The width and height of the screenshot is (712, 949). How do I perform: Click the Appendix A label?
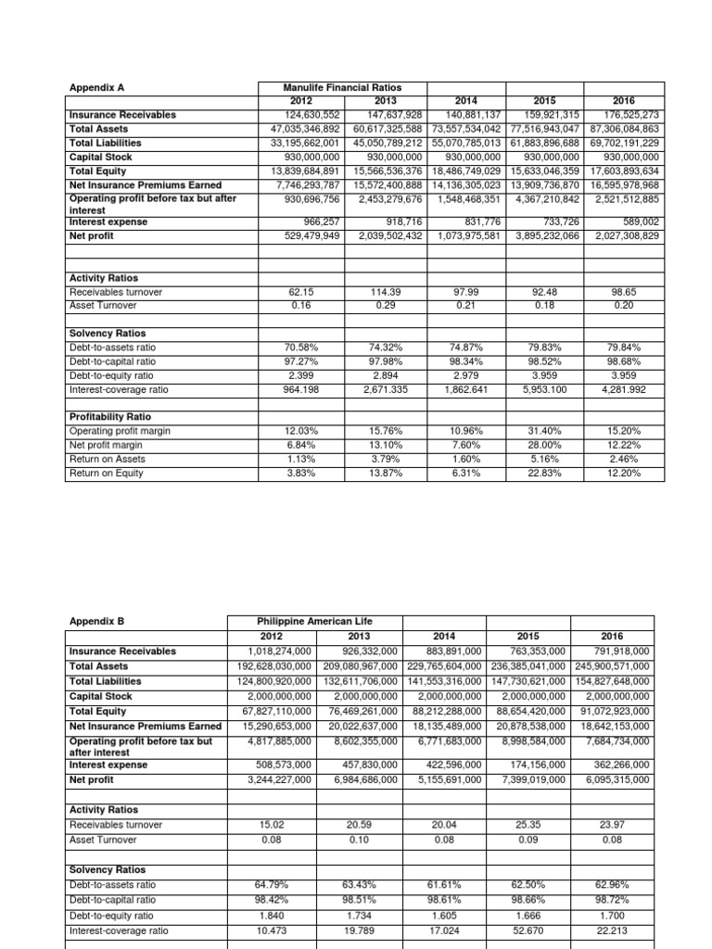pyautogui.click(x=97, y=88)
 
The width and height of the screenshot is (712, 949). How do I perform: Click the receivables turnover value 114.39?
pyautogui.click(x=375, y=292)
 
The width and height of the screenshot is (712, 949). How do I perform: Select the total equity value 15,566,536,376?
pyautogui.click(x=375, y=171)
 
